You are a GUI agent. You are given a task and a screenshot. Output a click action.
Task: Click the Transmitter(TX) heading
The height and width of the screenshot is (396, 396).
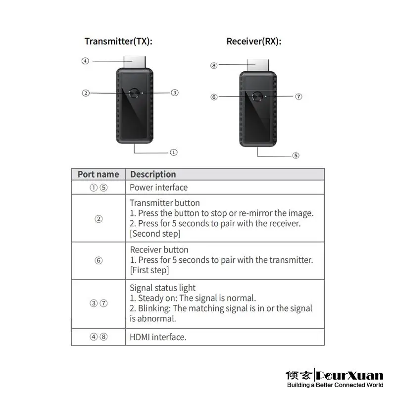118,41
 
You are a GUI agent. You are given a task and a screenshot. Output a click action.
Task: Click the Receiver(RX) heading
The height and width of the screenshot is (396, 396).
253,41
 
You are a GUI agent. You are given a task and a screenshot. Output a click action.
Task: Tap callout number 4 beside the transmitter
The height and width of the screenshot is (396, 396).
85,61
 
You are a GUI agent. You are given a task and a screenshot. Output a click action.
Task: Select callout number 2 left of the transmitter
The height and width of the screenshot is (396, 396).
86,93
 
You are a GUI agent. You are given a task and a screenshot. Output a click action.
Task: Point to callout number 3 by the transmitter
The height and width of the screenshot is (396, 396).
174,93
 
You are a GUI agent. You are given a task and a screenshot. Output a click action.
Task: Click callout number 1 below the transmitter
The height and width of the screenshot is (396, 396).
174,152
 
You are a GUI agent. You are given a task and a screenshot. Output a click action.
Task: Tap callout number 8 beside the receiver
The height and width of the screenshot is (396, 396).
214,65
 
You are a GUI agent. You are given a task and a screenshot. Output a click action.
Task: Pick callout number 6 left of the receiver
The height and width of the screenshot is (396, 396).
214,97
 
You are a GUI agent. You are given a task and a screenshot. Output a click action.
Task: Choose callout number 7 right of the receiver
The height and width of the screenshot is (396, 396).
298,97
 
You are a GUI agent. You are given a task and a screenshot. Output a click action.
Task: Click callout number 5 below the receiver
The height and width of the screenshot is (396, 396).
296,155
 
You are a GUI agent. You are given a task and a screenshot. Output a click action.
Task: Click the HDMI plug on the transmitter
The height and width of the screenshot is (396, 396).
134,62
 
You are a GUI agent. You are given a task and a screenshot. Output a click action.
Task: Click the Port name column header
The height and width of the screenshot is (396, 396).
98,174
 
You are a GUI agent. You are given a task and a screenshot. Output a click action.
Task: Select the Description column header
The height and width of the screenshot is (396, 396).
152,174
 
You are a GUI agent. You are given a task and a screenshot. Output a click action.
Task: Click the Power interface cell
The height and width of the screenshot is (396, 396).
158,187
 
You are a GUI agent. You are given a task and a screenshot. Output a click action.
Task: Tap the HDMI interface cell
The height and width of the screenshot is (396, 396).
158,337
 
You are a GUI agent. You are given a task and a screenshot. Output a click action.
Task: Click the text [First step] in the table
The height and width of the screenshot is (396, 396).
149,270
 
